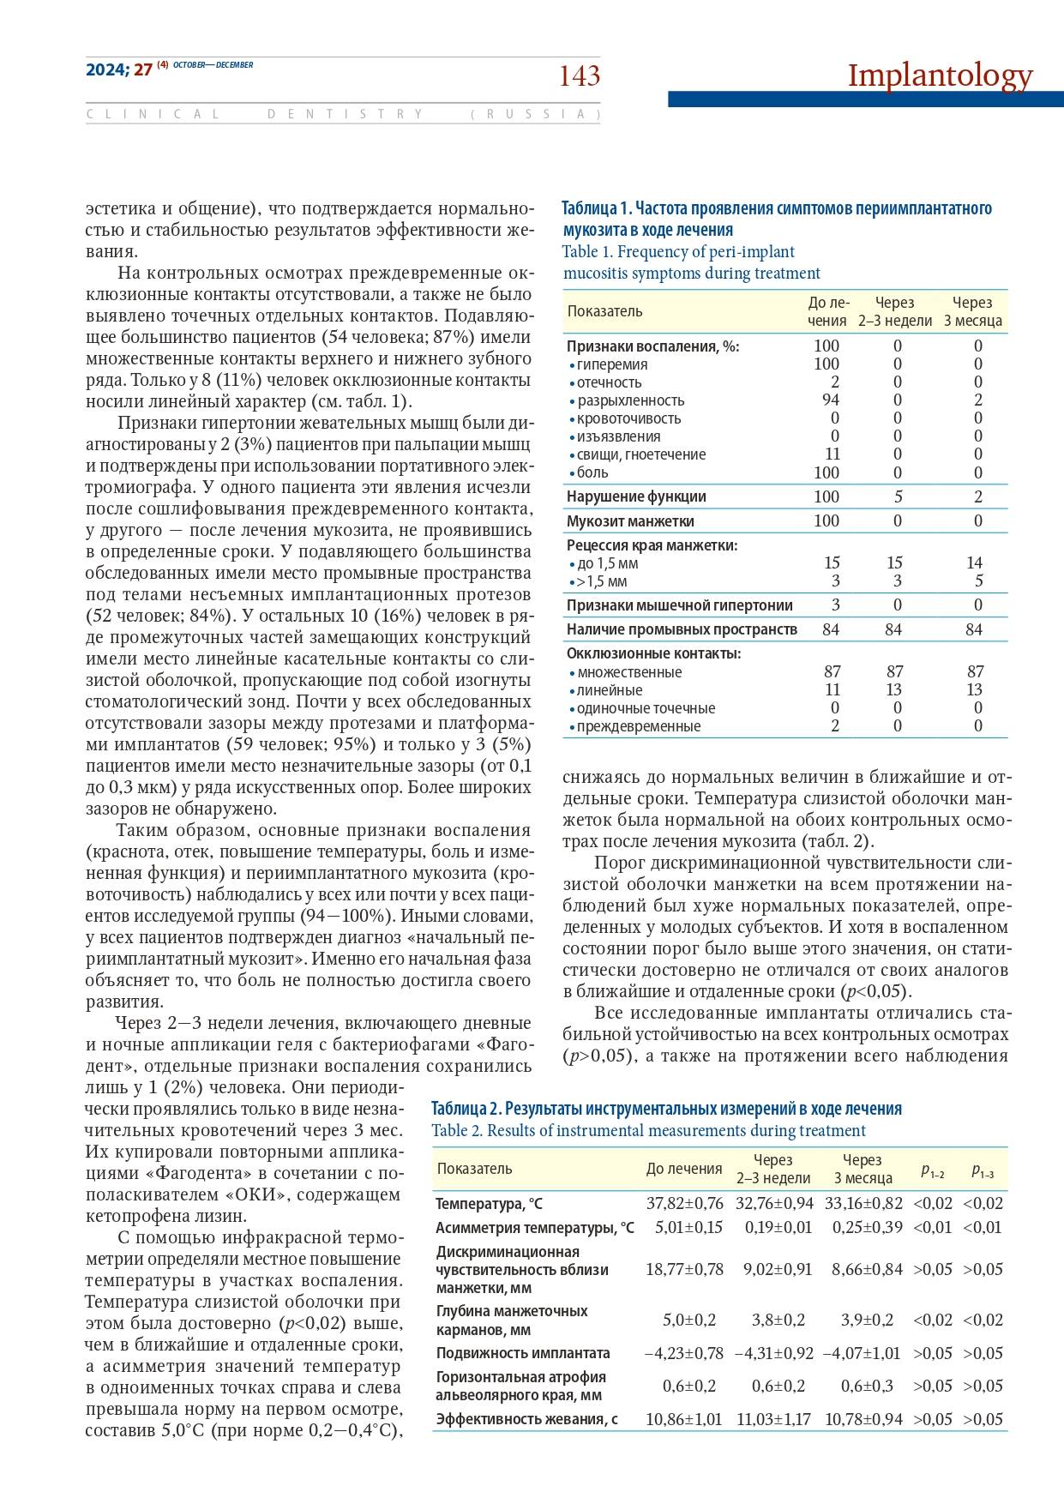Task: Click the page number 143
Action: coord(580,77)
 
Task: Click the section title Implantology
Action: coord(940,75)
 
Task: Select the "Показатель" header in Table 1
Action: coord(604,311)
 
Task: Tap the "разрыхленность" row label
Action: coord(630,400)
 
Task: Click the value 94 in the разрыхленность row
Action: coord(829,400)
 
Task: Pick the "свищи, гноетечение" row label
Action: coord(640,454)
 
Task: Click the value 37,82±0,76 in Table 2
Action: coord(684,1203)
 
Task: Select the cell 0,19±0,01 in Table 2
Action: coord(778,1227)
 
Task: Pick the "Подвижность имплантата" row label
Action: coord(523,1353)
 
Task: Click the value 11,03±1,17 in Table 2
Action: coord(773,1419)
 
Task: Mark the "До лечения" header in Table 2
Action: coord(684,1169)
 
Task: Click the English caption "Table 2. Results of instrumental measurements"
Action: coord(648,1130)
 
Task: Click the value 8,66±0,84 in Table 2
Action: coord(867,1269)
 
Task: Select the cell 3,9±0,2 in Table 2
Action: coord(869,1320)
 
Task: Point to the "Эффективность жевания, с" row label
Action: coord(526,1419)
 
